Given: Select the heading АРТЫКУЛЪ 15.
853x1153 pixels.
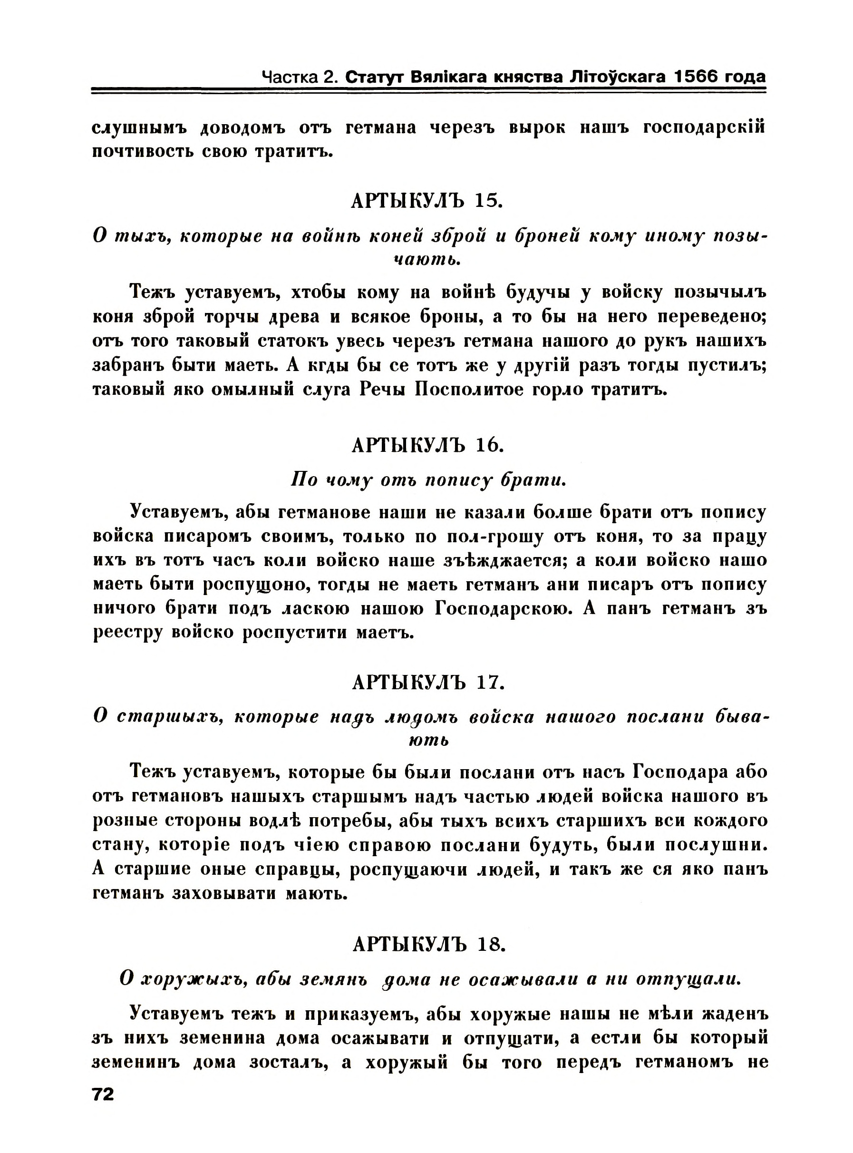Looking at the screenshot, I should point(426,200).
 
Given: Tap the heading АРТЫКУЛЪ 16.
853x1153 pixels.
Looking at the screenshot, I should point(427,445).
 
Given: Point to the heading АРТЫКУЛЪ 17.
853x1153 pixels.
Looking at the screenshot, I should point(427,683).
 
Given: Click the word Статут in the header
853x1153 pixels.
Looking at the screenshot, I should point(375,78).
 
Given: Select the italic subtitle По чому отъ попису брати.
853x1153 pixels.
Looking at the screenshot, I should point(428,480).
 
